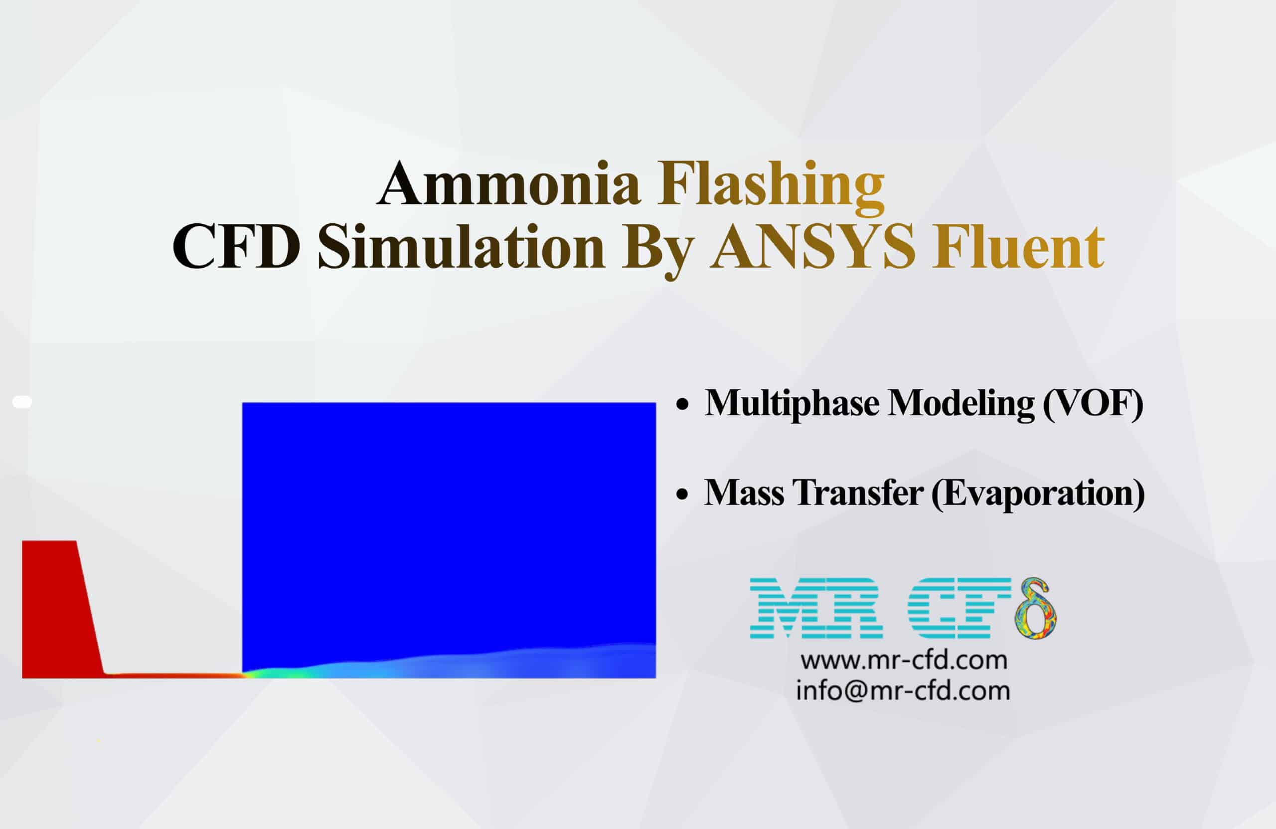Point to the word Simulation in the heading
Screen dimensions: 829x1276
[461, 247]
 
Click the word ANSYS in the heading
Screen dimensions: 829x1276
[812, 247]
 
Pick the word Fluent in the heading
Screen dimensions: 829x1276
[1018, 247]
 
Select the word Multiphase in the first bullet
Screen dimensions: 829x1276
[792, 403]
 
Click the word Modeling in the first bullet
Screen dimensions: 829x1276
[961, 403]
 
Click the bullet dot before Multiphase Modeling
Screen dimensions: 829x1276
[682, 405]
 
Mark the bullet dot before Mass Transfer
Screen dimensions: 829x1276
[682, 495]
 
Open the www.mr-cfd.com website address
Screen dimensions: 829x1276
[904, 661]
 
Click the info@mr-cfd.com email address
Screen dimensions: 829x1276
[903, 690]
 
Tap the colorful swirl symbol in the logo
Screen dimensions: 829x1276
[1035, 610]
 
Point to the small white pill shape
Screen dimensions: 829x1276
[22, 402]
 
